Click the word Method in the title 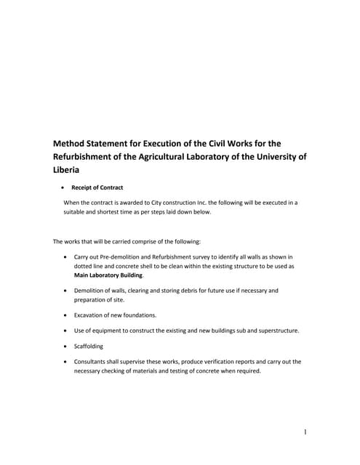click(x=72, y=143)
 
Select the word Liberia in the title click(x=69, y=169)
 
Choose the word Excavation click(x=92, y=315)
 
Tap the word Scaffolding click(x=89, y=346)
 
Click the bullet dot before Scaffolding click(x=66, y=346)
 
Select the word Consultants click(x=92, y=361)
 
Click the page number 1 click(x=305, y=432)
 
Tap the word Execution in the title click(x=182, y=143)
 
